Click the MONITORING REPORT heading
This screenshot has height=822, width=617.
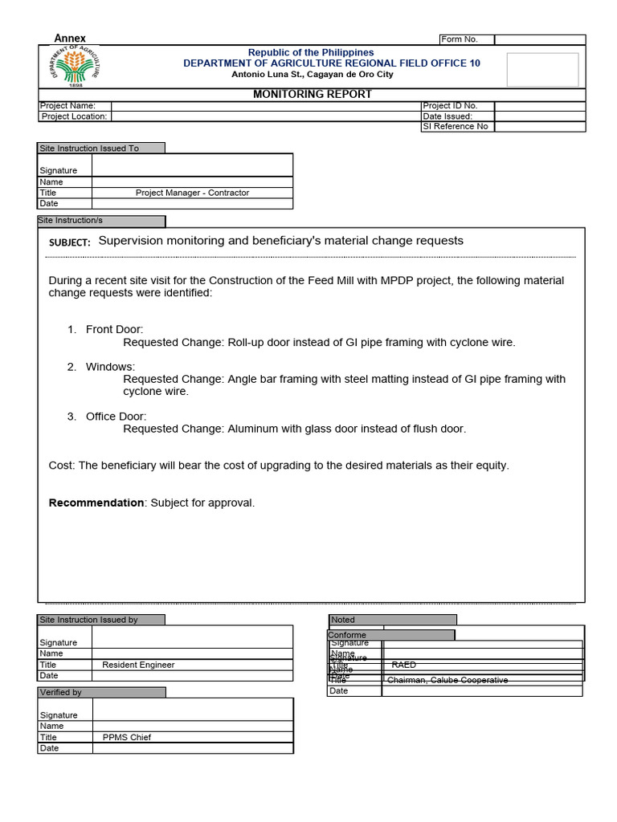point(313,94)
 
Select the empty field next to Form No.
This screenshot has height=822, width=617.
point(539,39)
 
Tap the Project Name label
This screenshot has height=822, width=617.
point(68,106)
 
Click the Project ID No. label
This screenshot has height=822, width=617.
point(450,106)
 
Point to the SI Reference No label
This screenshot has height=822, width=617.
point(456,126)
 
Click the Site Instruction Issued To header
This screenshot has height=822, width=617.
point(90,149)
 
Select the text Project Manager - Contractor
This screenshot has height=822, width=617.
point(192,193)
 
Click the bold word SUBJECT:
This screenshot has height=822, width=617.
point(69,242)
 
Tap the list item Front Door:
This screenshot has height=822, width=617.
point(114,329)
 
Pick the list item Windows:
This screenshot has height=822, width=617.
point(110,367)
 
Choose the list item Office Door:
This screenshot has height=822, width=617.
point(116,417)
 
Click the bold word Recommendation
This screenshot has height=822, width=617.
point(96,503)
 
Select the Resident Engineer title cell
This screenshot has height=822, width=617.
point(138,665)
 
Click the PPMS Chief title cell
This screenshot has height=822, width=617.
point(126,737)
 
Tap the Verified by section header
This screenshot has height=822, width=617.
point(61,692)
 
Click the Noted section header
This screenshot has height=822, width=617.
point(343,620)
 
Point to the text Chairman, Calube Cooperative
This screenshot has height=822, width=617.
point(447,680)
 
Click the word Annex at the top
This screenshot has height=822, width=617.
point(70,39)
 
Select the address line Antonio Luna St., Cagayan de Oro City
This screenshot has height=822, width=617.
point(313,75)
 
